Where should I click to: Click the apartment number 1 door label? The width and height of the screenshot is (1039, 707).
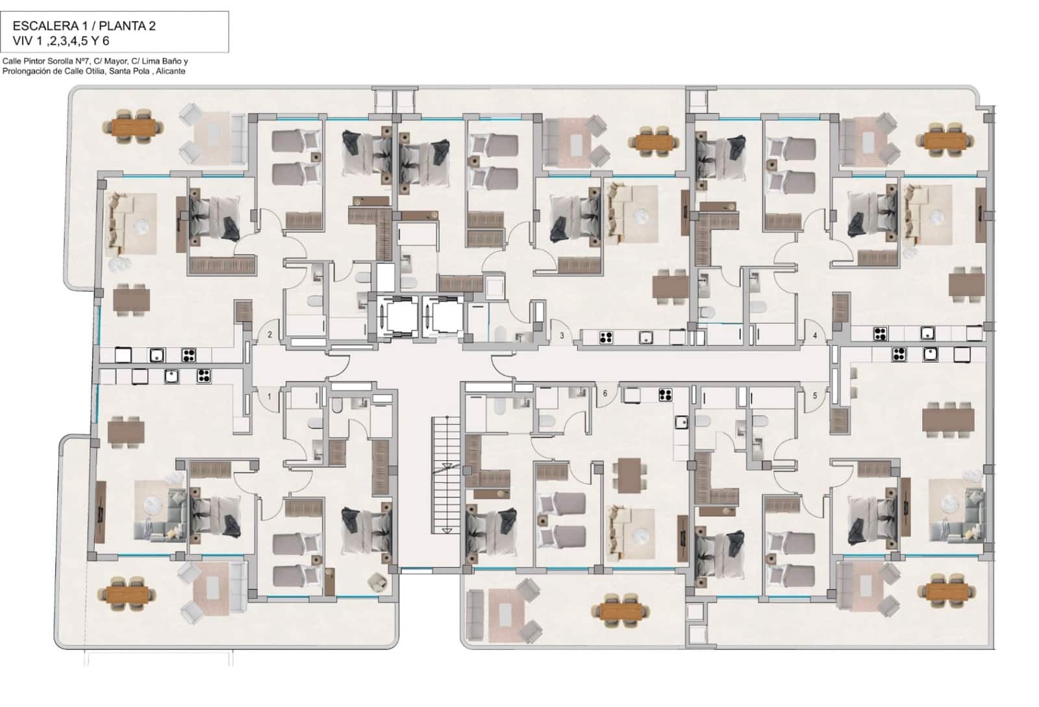(269, 395)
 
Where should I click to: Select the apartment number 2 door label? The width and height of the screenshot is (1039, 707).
(269, 335)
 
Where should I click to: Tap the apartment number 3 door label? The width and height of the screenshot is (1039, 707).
(562, 336)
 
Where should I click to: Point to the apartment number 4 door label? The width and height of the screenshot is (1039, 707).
(816, 336)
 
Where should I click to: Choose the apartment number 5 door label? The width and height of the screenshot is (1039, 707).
(816, 395)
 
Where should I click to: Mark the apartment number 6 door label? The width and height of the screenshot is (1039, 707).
(605, 393)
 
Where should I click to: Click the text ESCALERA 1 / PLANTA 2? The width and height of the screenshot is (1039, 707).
(84, 26)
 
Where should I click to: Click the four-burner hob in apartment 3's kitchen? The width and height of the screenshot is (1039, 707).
(606, 337)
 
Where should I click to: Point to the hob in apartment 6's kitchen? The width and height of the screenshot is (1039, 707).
(665, 393)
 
